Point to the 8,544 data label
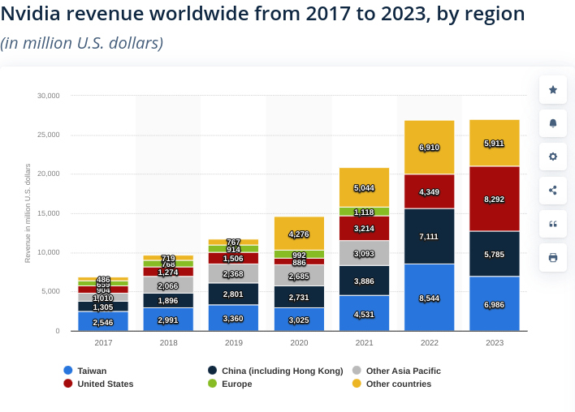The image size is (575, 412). click(429, 298)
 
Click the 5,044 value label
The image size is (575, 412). click(364, 188)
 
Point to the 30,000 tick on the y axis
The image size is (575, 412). click(49, 96)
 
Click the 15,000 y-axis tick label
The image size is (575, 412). click(49, 213)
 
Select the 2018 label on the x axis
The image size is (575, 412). click(168, 343)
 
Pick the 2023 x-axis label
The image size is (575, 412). click(494, 343)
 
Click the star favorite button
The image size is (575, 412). click(553, 90)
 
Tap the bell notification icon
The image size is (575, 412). click(553, 123)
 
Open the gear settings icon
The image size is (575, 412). click(553, 157)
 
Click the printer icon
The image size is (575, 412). click(553, 257)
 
